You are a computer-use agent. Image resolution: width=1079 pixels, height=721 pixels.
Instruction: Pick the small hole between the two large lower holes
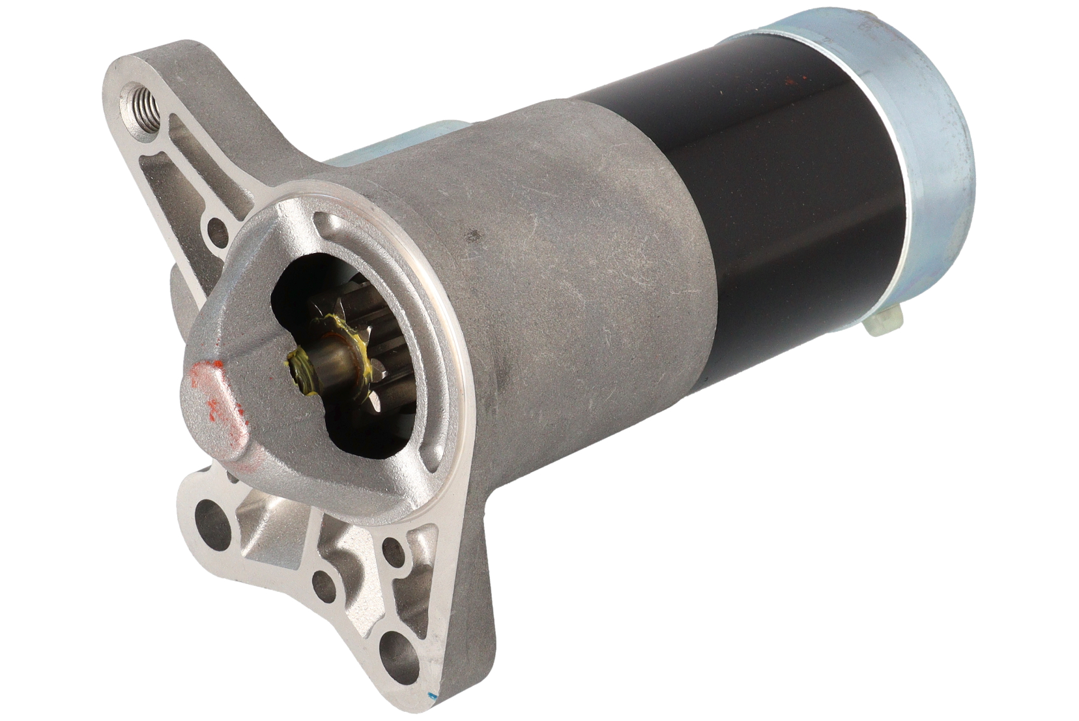coord(324,585)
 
